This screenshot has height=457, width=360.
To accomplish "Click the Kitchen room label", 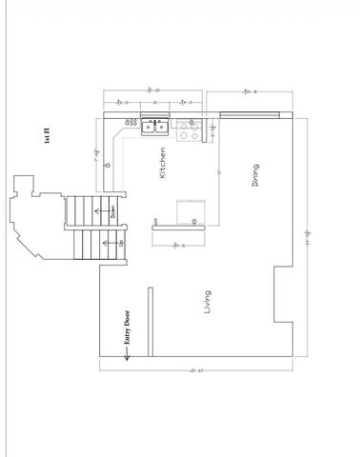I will (x=164, y=164).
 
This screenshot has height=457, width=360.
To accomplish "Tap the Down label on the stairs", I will (x=111, y=212).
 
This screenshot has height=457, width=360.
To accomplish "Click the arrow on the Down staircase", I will (x=98, y=210).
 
